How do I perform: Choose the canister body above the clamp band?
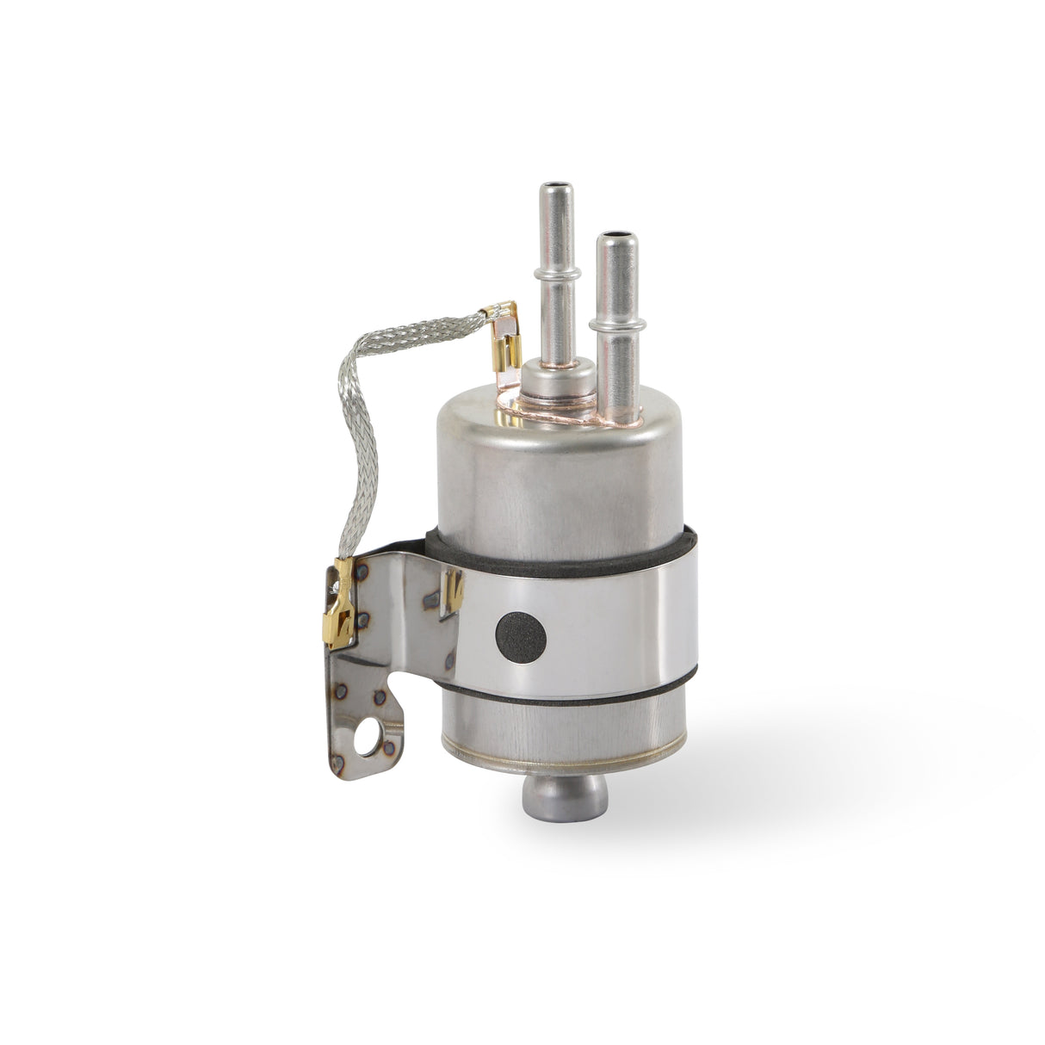pos(560,491)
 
